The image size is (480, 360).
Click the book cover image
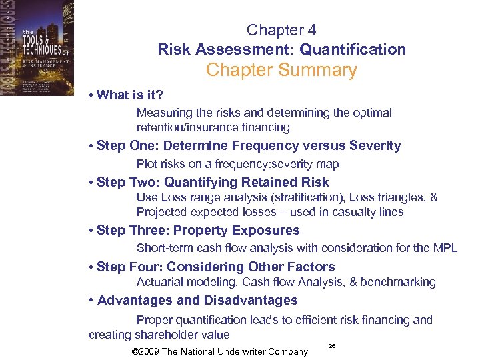[37, 48]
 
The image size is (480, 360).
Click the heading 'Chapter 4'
[281, 30]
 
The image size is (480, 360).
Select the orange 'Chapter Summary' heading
[281, 70]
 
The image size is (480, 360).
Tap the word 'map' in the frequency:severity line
[327, 164]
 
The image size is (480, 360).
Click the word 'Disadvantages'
[251, 301]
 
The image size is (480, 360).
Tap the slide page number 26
[332, 347]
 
